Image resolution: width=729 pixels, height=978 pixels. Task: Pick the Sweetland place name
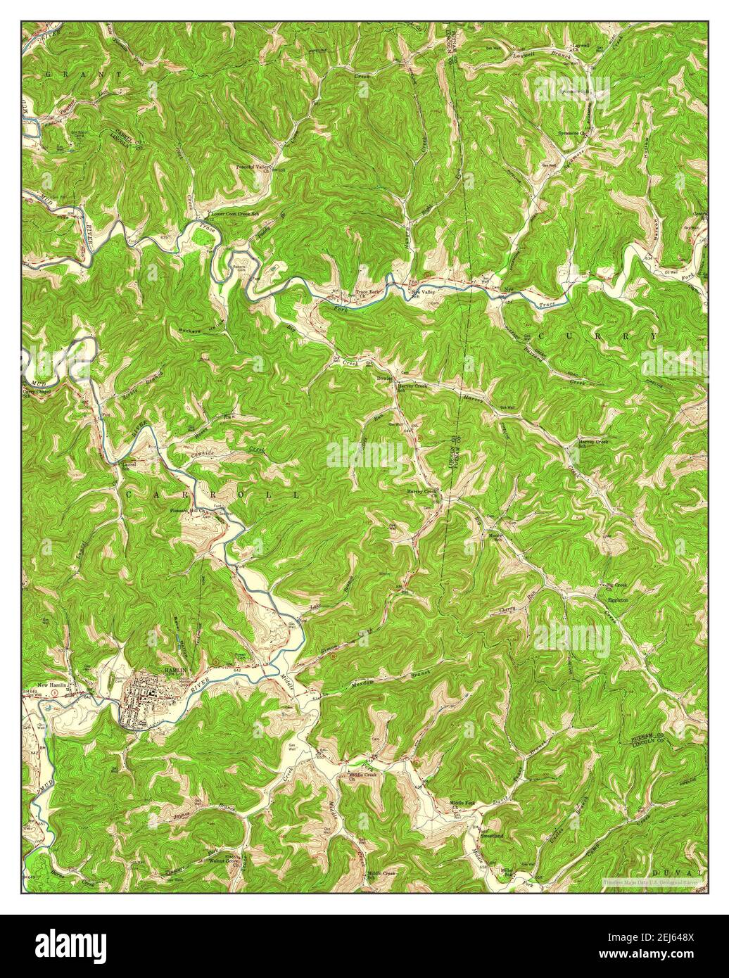click(493, 835)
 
